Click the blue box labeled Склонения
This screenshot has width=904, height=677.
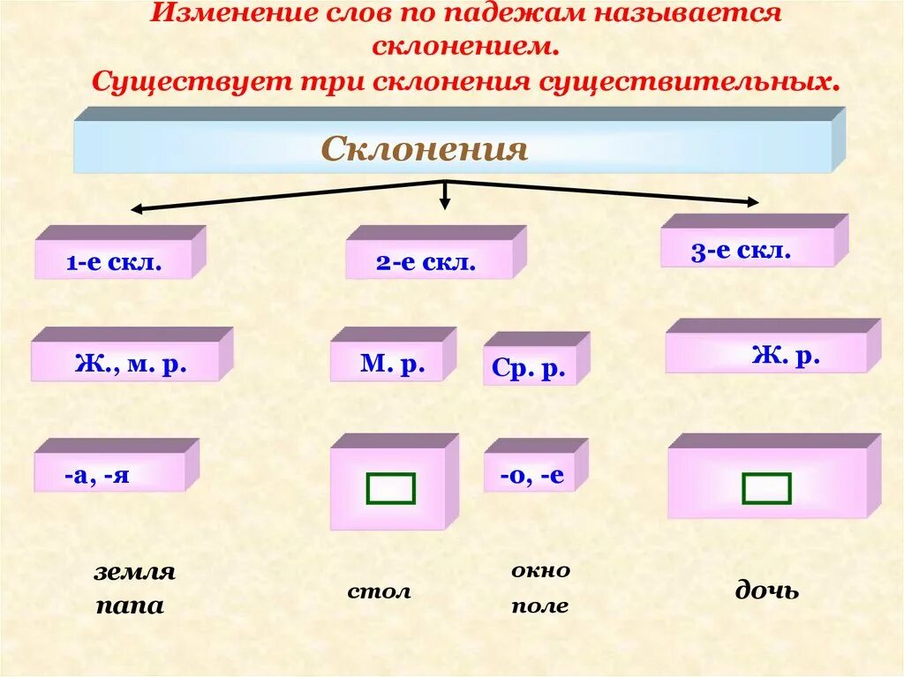[x=452, y=147]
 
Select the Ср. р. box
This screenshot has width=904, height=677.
[x=529, y=366]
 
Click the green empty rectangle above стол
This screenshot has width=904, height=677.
[x=390, y=488]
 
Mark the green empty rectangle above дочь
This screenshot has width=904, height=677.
[x=766, y=488]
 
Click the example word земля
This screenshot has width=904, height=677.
[x=135, y=572]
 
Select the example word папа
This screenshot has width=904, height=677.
[x=130, y=607]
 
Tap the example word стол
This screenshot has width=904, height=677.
[x=379, y=590]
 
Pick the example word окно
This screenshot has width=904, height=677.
[x=540, y=570]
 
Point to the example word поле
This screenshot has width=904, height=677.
[x=539, y=606]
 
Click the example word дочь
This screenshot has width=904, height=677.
[x=767, y=590]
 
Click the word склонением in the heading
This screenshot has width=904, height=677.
[x=465, y=46]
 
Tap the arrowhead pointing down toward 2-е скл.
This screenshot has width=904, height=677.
[x=445, y=203]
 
